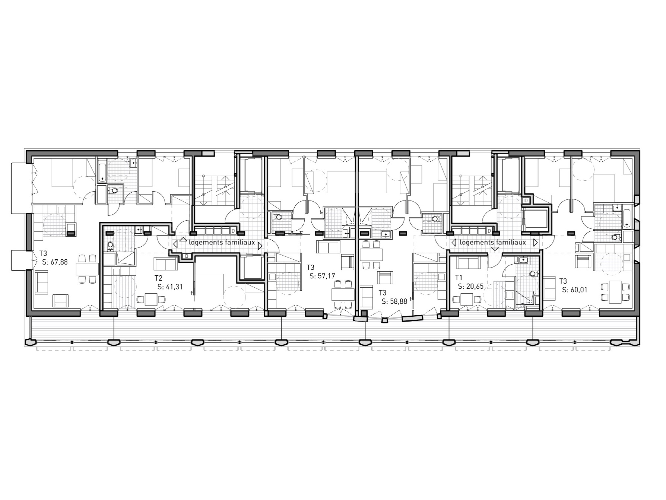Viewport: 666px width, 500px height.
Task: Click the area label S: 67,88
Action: [x=55, y=262]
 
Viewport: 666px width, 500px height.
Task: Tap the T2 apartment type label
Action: [x=159, y=278]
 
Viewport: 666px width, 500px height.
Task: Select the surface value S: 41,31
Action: [x=170, y=286]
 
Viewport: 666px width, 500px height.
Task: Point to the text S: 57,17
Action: [x=322, y=276]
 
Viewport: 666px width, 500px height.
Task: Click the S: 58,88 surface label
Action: [x=395, y=301]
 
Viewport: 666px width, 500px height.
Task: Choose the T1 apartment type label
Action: [x=459, y=278]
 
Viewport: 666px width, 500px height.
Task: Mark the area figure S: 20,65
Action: [x=471, y=286]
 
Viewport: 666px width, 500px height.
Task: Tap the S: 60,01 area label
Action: [x=575, y=290]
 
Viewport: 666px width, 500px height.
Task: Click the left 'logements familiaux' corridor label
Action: [x=222, y=242]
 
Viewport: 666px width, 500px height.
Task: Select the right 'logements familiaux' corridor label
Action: [x=493, y=242]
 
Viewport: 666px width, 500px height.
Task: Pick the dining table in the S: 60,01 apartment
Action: [x=615, y=292]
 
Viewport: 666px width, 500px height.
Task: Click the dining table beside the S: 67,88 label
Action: [x=87, y=269]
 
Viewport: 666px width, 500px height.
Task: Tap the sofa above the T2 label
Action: [x=166, y=263]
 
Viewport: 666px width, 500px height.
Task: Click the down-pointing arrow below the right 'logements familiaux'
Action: [x=495, y=249]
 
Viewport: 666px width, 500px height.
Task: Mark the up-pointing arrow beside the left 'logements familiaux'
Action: [x=183, y=239]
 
